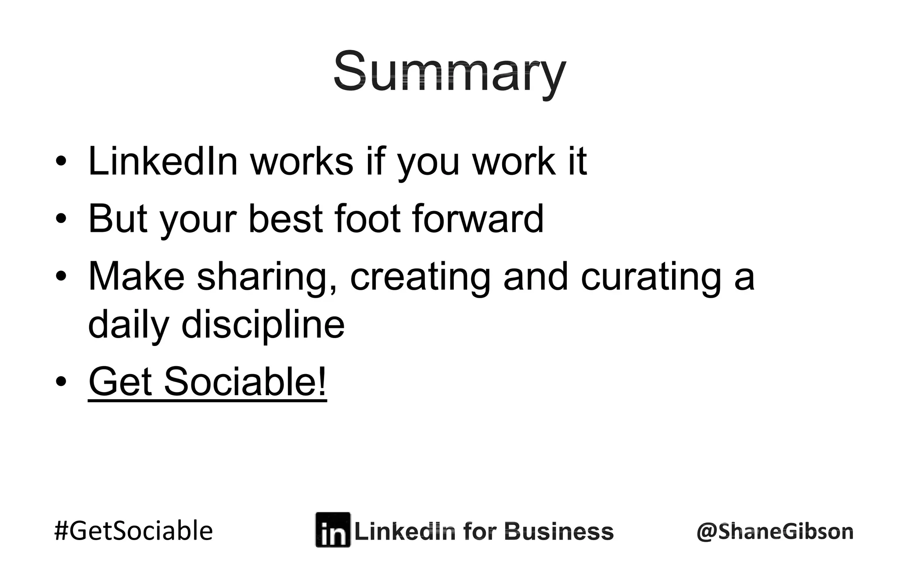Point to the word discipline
coord(263,325)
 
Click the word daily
coord(128,325)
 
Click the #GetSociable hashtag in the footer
coord(133,530)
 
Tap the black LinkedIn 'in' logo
coord(333,530)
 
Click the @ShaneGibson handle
coord(775,531)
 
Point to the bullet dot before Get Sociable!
coord(61,381)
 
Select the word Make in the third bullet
coord(136,277)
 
